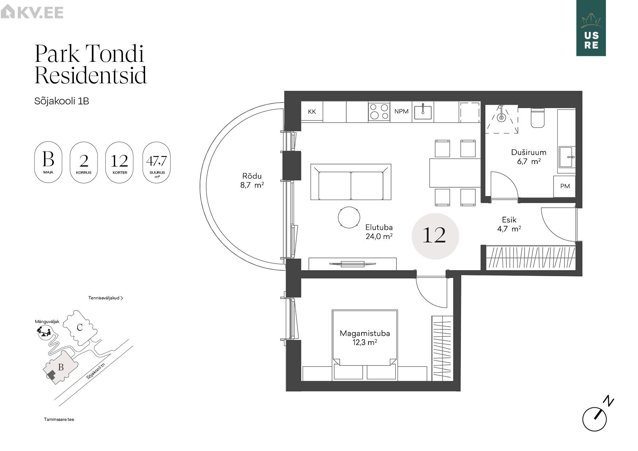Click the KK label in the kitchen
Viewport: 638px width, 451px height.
tap(312, 112)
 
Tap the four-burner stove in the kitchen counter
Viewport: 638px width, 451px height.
tap(379, 112)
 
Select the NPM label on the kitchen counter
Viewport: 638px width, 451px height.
tap(401, 111)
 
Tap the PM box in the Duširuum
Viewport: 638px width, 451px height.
tap(565, 186)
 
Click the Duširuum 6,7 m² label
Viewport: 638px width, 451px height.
tap(529, 157)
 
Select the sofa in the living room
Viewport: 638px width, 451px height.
tap(351, 182)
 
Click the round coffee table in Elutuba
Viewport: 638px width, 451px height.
tap(349, 217)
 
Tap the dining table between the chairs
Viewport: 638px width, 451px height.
tap(455, 173)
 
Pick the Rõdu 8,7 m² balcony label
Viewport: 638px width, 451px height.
tap(252, 180)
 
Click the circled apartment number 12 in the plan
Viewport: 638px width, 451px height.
tap(435, 236)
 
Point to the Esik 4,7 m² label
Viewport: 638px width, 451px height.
tap(509, 224)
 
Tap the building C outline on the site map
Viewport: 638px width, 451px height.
tap(80, 327)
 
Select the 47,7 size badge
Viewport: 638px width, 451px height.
tap(157, 162)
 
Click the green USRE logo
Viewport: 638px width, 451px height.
tap(591, 28)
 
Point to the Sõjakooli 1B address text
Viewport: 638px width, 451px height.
tap(61, 101)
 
